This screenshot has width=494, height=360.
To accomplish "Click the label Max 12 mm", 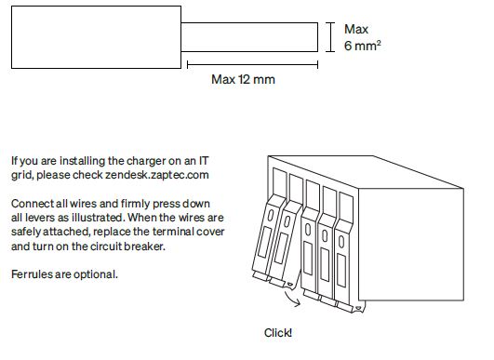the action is click(243, 79).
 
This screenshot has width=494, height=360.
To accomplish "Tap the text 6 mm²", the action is click(361, 45).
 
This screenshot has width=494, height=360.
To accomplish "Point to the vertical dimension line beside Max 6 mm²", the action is click(330, 37).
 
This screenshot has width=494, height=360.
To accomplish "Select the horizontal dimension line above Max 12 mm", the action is click(252, 64).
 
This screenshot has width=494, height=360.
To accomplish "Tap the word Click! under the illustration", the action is click(278, 331).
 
